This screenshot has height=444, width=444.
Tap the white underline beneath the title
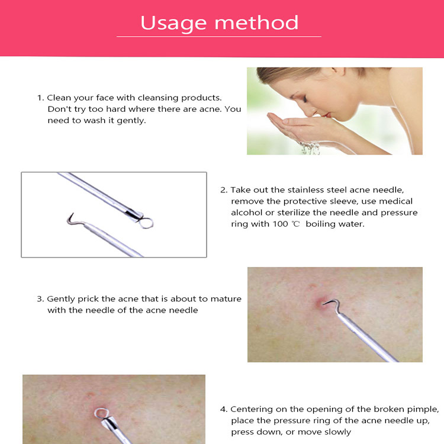coord(218,37)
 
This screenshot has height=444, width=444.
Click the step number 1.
coord(40,97)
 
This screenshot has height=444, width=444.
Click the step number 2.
coord(223,190)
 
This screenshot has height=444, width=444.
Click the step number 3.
coord(40,299)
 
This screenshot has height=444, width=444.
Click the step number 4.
coord(223,409)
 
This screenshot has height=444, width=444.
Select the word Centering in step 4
coord(251,409)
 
